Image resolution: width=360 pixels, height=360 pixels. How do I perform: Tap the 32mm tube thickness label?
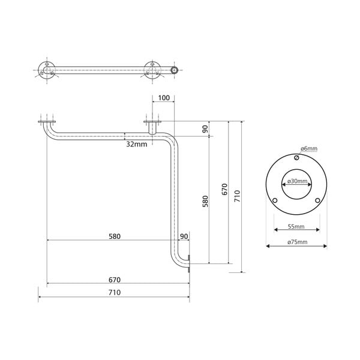(136, 145)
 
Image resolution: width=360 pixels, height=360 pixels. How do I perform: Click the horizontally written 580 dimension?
(115, 236)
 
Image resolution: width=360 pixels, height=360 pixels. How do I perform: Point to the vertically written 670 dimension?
(224, 190)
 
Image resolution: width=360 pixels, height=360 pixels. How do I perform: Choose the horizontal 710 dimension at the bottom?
(115, 292)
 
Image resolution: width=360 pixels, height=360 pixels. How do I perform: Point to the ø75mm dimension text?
(296, 242)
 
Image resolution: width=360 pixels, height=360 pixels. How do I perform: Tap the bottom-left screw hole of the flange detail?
(275, 200)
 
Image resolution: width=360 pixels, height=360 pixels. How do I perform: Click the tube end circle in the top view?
(175, 70)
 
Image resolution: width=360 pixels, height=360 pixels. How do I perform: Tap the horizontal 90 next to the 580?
(184, 236)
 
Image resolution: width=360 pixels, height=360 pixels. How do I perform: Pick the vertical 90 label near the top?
(205, 128)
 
